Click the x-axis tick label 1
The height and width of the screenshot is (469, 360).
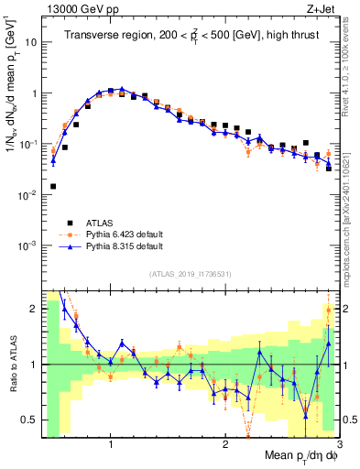[111, 444]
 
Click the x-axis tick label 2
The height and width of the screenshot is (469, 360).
[225, 444]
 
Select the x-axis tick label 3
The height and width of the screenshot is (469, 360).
[338, 444]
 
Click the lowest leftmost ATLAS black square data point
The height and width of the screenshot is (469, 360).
[53, 186]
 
